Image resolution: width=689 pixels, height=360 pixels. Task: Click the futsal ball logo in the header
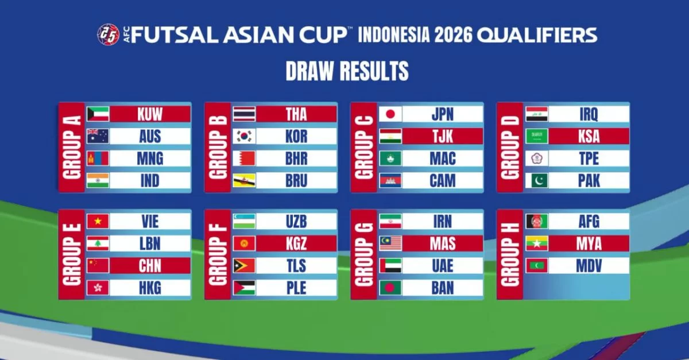click(x=109, y=34)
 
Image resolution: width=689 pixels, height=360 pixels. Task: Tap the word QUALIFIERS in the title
click(x=537, y=35)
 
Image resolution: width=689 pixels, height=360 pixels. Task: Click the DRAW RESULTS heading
click(x=347, y=71)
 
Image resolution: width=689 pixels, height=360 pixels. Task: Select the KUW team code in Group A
click(x=150, y=114)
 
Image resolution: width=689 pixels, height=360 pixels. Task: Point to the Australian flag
click(x=98, y=136)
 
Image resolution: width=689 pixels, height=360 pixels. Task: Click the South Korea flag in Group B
click(x=244, y=136)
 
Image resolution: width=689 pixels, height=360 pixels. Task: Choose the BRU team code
click(x=296, y=181)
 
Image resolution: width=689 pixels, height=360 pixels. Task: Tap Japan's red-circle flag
click(x=390, y=114)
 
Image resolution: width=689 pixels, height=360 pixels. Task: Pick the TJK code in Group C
click(x=443, y=136)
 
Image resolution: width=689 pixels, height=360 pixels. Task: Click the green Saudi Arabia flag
click(x=536, y=136)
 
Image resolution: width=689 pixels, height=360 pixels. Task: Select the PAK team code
click(x=589, y=181)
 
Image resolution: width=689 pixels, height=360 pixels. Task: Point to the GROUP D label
click(x=510, y=148)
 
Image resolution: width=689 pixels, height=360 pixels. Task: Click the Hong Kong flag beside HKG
click(x=98, y=288)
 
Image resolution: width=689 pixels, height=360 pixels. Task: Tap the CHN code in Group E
click(x=150, y=266)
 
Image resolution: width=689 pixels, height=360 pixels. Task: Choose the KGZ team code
click(x=296, y=243)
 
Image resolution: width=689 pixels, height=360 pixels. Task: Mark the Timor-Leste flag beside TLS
click(x=244, y=266)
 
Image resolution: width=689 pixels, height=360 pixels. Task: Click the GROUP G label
click(x=363, y=254)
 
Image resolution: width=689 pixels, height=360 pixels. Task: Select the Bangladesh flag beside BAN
click(x=390, y=288)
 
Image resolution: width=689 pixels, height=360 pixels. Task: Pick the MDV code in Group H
click(x=589, y=266)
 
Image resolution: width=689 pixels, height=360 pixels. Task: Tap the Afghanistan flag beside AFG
click(x=536, y=222)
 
